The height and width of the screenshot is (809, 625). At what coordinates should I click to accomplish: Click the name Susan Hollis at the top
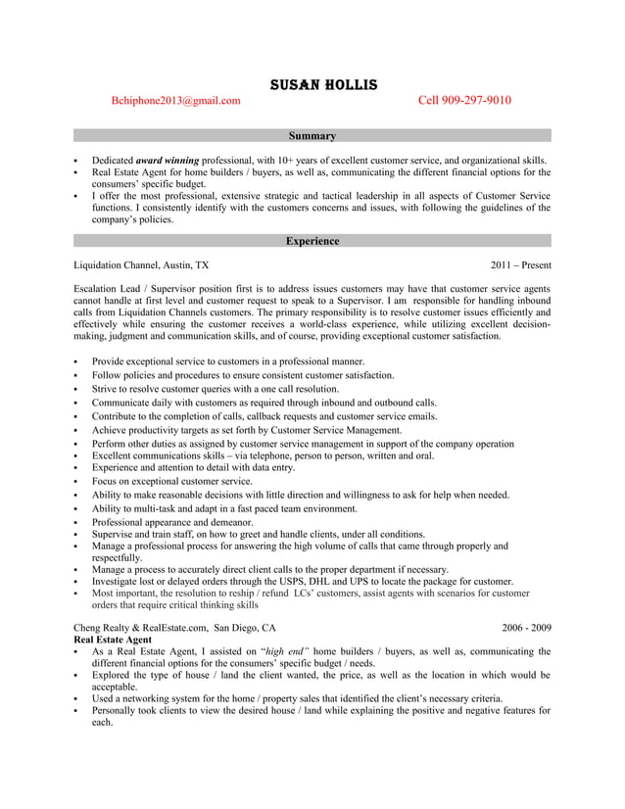pos(312,85)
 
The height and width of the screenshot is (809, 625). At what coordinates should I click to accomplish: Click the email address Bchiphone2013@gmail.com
pos(175,100)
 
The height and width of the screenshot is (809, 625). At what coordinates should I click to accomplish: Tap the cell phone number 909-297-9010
pos(464,100)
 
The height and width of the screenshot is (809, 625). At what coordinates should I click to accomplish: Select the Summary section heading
pos(312,136)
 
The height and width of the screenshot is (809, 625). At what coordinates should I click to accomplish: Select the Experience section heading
pos(312,241)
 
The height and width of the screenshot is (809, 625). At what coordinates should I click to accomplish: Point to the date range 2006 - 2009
pos(526,627)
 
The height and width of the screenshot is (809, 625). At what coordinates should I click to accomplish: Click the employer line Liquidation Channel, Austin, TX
pos(141,264)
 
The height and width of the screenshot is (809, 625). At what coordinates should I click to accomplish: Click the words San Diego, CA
pos(245,627)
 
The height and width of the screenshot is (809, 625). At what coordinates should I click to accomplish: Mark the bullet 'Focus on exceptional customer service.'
pos(172,481)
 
